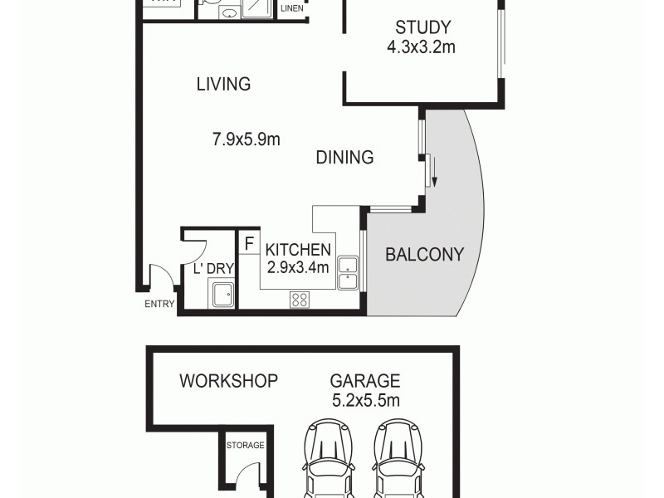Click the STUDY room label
[422, 27]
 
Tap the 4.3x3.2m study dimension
[421, 47]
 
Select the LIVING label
[223, 84]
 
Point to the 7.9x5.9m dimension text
[247, 139]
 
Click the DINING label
[344, 157]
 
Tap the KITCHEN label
[298, 249]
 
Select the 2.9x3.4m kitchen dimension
[298, 267]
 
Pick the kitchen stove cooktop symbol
[300, 300]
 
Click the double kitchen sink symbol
[348, 273]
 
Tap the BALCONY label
[424, 255]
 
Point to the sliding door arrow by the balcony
[434, 177]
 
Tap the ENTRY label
[159, 304]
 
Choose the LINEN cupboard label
[291, 9]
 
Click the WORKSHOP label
[228, 381]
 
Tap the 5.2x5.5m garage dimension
[365, 401]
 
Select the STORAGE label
[246, 445]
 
